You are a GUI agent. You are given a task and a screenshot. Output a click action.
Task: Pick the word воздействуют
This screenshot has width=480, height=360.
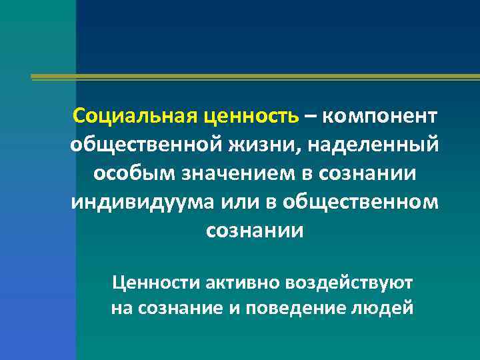point(349,283)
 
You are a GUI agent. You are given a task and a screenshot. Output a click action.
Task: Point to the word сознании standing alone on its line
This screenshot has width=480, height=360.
point(255,230)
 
